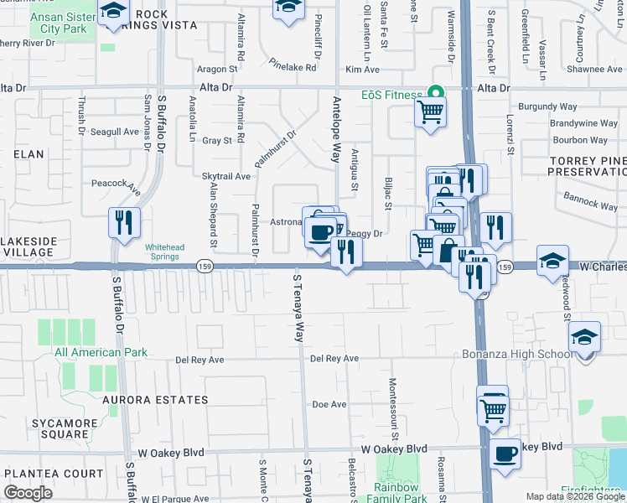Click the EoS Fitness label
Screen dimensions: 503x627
coord(391,95)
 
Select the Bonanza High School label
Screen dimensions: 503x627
coord(517,354)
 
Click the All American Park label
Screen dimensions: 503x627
coord(101,352)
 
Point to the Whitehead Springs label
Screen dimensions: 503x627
coord(162,252)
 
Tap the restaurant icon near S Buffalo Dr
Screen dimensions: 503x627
coord(124,224)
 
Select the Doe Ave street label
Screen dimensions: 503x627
coord(329,404)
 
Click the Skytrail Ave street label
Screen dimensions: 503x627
coord(226,177)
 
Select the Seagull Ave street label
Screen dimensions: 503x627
coord(114,132)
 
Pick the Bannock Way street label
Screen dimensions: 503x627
coord(591,202)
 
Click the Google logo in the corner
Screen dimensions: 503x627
coord(28,493)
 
